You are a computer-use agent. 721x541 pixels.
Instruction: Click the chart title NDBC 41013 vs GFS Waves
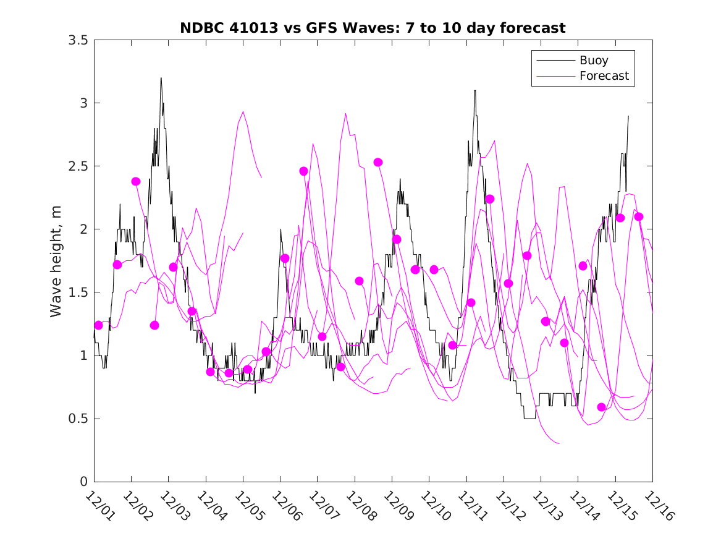(373, 28)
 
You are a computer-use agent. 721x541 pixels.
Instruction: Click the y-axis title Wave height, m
(56, 261)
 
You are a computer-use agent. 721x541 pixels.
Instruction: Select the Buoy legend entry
(593, 61)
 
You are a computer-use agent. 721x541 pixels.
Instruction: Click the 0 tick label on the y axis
(83, 482)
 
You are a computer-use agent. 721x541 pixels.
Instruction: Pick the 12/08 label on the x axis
(358, 505)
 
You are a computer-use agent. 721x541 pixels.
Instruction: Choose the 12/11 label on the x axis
(470, 505)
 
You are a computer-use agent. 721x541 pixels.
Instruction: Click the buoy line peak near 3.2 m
(161, 79)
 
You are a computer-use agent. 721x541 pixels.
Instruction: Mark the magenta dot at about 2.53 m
(378, 162)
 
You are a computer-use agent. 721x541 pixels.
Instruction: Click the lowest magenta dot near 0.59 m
(602, 407)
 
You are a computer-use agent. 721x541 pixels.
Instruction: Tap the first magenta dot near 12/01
(98, 325)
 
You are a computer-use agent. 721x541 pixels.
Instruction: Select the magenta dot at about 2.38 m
(136, 181)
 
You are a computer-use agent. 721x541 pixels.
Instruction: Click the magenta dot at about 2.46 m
(303, 171)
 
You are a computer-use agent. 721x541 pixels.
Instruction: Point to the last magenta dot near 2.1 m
(639, 216)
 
